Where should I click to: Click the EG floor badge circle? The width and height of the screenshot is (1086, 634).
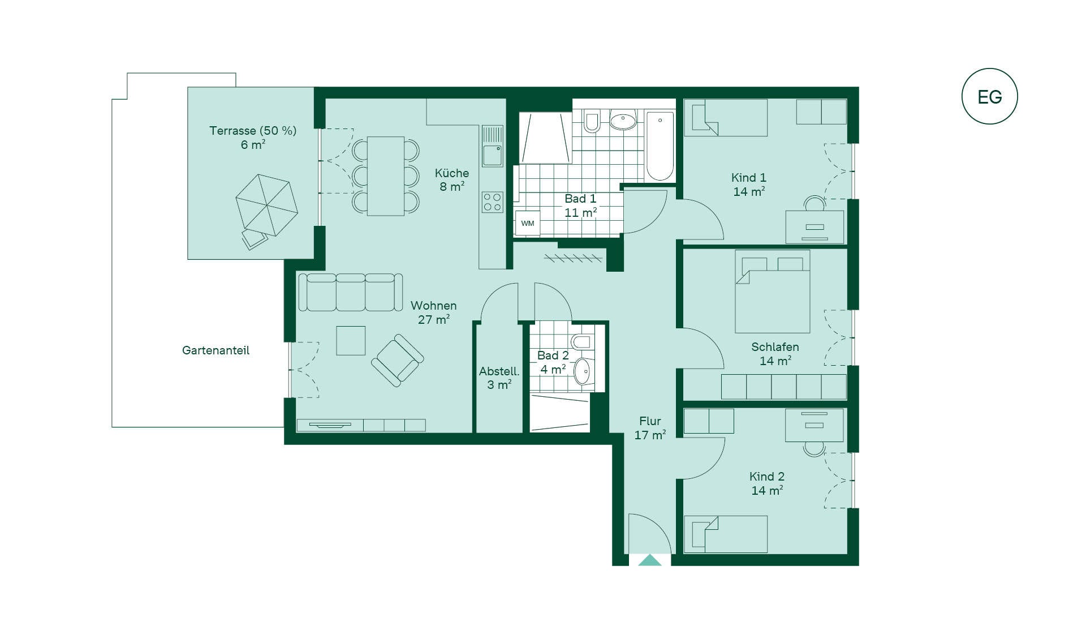pos(990,69)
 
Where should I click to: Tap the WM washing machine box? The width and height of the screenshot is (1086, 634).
pos(528,223)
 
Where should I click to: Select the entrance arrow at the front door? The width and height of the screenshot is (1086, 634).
pos(650,560)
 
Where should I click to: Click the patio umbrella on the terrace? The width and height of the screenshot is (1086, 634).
pos(266,205)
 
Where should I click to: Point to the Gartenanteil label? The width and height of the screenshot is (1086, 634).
pos(216,350)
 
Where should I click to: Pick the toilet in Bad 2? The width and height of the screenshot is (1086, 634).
pos(581,342)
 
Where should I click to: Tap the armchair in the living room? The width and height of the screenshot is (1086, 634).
pos(398,361)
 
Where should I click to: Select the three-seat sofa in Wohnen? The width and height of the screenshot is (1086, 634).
pos(351,292)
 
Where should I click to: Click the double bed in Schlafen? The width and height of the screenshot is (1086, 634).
pos(773,292)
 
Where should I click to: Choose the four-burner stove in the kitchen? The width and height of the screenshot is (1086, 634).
pos(493,202)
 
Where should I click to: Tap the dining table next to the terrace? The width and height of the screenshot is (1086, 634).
pos(386,176)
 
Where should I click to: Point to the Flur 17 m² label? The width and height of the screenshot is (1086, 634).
pos(650,428)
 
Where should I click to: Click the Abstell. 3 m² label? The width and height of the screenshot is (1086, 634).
pos(499,378)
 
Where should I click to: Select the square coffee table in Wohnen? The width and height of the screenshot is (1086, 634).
pos(351,340)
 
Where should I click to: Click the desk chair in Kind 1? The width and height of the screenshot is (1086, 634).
pos(815,203)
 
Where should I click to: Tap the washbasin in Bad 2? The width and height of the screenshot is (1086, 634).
pos(583,371)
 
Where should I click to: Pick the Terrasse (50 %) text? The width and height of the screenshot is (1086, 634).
pos(253,131)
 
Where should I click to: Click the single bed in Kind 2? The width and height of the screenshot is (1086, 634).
pos(726,534)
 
